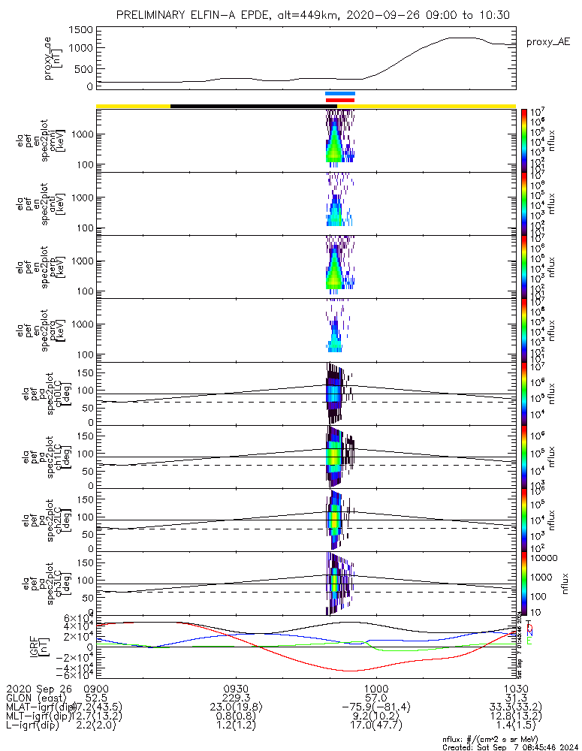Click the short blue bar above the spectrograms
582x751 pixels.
click(x=339, y=93)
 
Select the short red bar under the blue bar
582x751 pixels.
click(x=339, y=99)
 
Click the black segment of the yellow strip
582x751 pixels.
click(x=248, y=106)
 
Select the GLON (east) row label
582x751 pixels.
click(x=35, y=698)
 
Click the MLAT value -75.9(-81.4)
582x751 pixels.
click(x=375, y=708)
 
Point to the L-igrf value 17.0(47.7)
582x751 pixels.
click(x=375, y=728)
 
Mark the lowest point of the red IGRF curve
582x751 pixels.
click(x=351, y=671)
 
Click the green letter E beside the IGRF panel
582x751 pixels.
click(x=529, y=641)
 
